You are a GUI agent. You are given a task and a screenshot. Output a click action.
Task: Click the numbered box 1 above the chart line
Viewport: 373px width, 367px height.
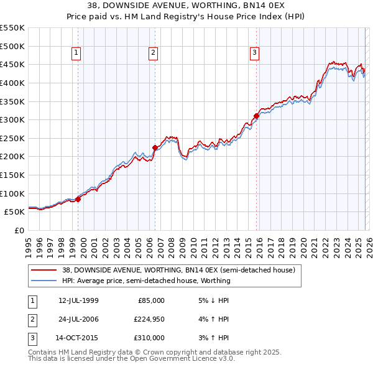75,53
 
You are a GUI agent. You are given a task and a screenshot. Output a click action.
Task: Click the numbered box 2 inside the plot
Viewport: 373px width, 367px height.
152,53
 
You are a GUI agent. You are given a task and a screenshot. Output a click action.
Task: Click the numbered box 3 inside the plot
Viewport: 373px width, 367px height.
254,53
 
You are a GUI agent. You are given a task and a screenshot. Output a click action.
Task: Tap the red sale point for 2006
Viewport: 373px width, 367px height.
155,147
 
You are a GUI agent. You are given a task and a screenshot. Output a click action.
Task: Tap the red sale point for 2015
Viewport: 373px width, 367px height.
256,116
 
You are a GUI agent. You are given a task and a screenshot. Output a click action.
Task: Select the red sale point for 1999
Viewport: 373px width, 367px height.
78,199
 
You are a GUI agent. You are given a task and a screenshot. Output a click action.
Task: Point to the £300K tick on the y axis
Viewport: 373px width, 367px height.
14,119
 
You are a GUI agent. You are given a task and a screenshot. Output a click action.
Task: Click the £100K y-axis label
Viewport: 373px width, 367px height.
14,193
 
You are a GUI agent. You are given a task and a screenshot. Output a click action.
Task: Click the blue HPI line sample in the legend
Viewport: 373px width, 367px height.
44,281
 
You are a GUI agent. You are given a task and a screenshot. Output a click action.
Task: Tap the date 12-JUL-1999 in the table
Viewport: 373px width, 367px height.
78,300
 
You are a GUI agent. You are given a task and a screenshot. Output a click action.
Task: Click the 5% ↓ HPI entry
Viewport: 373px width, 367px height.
212,300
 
